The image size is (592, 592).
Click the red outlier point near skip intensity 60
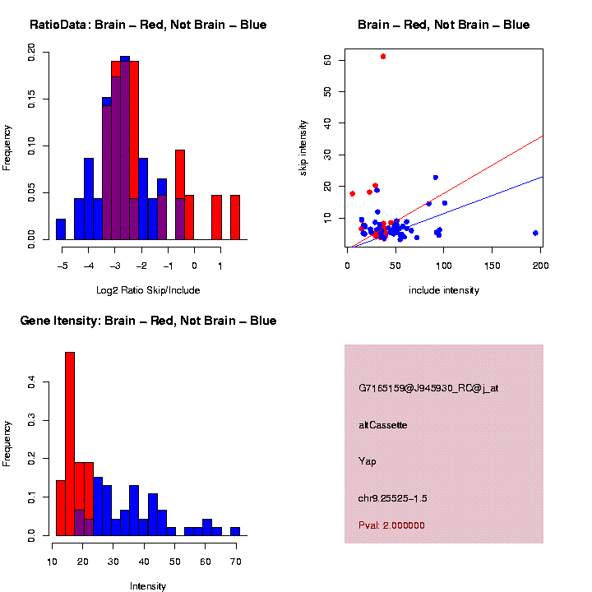click(x=383, y=56)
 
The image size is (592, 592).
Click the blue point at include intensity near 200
click(x=535, y=233)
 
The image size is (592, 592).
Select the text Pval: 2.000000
click(x=391, y=525)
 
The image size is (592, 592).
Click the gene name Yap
click(x=368, y=461)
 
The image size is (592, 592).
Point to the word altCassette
click(x=382, y=425)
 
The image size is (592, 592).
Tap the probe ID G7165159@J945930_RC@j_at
click(x=428, y=388)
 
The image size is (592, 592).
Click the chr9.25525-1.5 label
click(x=393, y=498)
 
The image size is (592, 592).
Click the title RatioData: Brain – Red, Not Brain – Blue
click(x=148, y=25)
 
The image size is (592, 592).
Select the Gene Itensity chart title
click(x=148, y=321)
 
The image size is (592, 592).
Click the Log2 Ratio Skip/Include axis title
click(x=148, y=289)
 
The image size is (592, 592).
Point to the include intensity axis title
click(x=444, y=289)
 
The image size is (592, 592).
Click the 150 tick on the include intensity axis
click(x=493, y=266)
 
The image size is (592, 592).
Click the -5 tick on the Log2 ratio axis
click(x=62, y=266)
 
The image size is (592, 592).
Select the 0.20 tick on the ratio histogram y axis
click(x=32, y=53)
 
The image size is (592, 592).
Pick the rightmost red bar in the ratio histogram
click(x=235, y=217)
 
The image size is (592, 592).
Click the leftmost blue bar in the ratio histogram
click(x=61, y=229)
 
